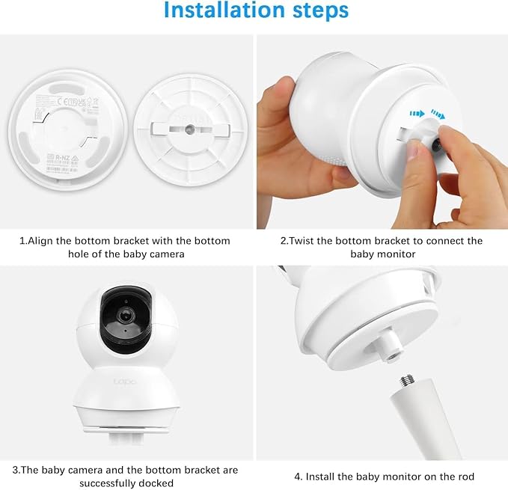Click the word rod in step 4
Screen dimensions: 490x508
[x=465, y=477]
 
